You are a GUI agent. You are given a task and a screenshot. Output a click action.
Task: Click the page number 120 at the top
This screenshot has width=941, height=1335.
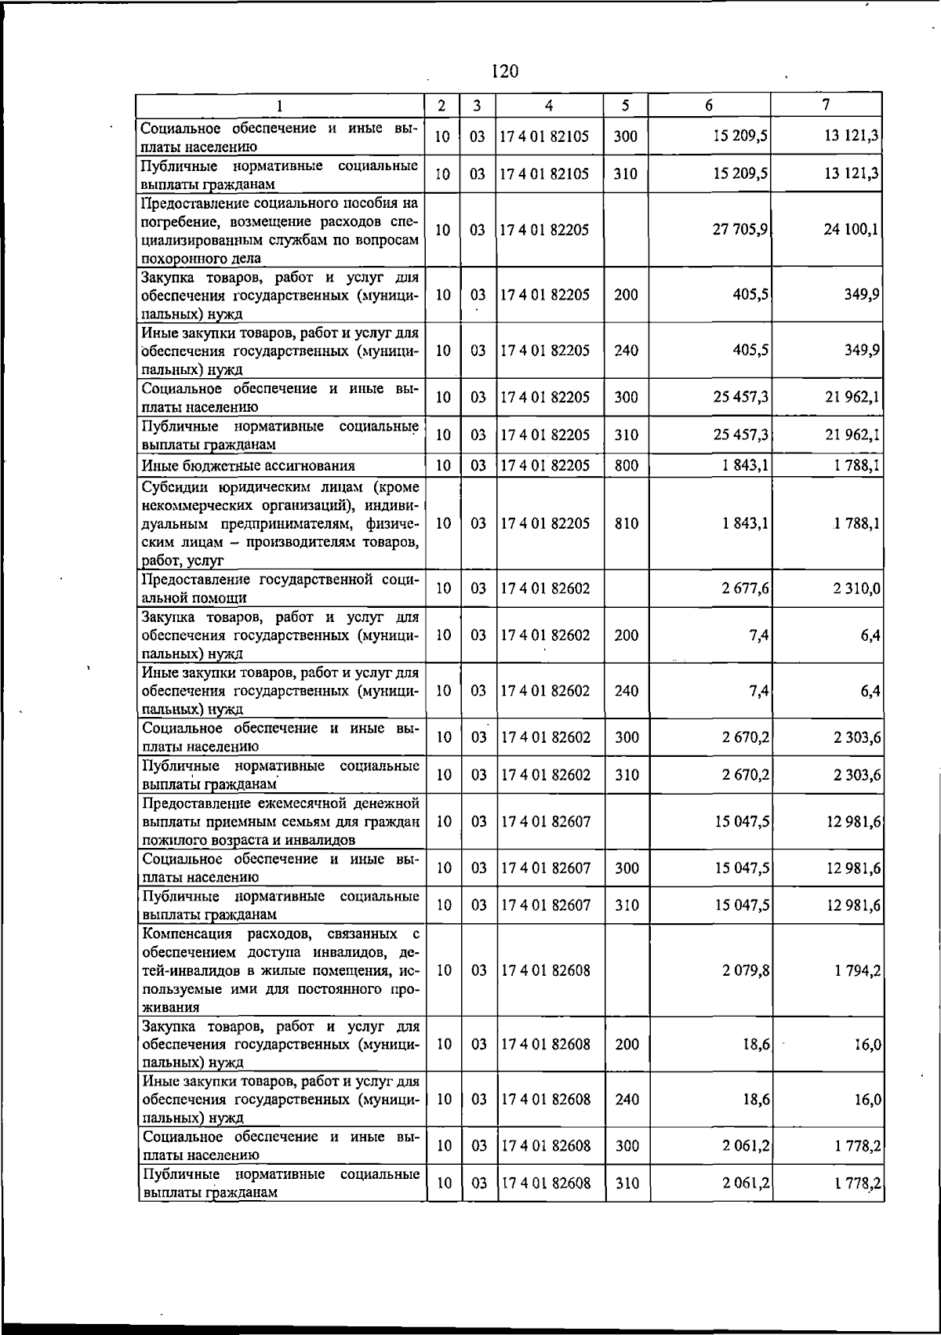[x=504, y=71]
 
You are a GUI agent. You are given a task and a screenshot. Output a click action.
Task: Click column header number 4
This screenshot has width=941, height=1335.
[x=550, y=105]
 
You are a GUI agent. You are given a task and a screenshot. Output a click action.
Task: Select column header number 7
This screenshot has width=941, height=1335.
[x=826, y=104]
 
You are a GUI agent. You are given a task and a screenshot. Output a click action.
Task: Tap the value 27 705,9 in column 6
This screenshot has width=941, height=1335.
[x=739, y=230]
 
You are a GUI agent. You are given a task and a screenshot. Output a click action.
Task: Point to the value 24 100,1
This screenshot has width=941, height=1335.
[x=851, y=230]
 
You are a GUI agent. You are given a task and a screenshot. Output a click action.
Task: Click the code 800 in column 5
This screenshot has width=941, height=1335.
[x=626, y=466]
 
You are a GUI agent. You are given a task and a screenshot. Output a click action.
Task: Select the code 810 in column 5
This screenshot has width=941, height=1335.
[x=626, y=523]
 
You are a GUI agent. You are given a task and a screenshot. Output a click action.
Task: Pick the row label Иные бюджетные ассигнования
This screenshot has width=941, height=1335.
[x=248, y=466]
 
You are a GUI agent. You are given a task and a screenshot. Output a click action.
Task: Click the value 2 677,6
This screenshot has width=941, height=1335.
[x=745, y=588]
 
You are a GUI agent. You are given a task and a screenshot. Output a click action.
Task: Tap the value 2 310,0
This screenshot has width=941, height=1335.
[x=856, y=588]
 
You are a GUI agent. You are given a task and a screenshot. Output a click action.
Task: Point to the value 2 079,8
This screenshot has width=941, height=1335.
[x=745, y=970]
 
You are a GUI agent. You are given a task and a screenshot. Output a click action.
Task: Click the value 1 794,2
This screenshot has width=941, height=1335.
[x=856, y=970]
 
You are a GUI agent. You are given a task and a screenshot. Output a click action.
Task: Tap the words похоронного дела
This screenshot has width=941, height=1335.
[x=202, y=258]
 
